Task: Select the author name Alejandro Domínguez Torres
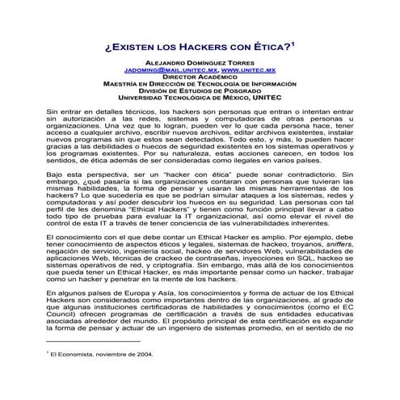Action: pyautogui.click(x=200, y=61)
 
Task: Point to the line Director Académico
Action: pyautogui.click(x=200, y=78)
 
